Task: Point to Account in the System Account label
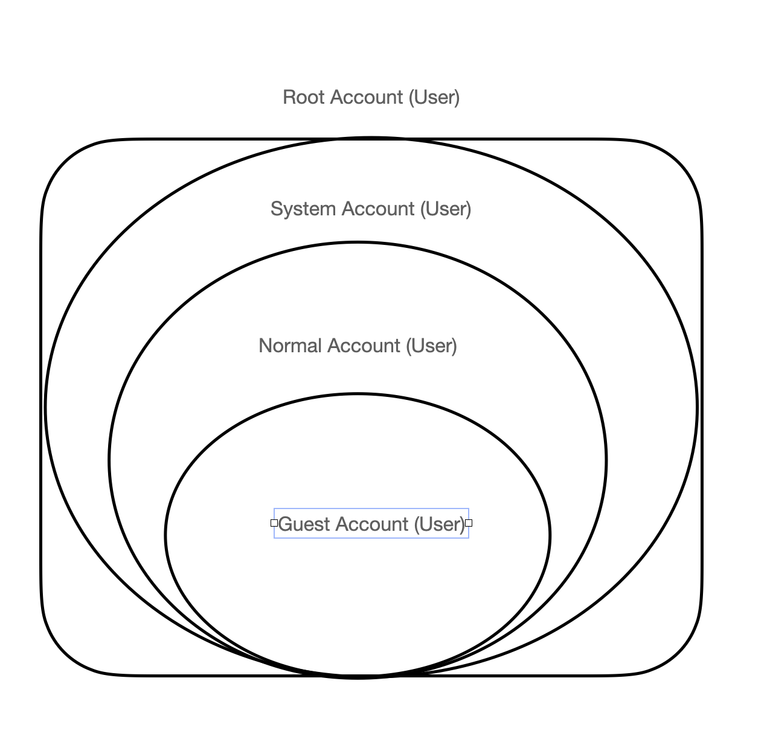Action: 378,209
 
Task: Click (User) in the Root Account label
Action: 434,97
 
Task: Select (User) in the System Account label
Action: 446,209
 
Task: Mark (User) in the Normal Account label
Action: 431,346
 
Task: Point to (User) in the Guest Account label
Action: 438,524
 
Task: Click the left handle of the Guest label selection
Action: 274,523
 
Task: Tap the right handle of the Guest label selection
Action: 469,523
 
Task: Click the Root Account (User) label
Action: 371,97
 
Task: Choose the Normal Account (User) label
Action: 358,346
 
